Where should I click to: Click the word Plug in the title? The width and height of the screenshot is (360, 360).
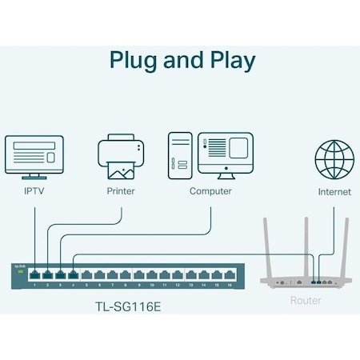(133, 60)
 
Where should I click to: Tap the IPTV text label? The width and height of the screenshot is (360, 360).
(35, 192)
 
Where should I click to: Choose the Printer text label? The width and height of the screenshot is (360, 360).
(121, 192)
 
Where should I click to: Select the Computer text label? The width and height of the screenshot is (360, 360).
(210, 192)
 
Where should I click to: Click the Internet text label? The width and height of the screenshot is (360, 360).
(334, 192)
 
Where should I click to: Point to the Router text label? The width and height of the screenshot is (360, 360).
(305, 301)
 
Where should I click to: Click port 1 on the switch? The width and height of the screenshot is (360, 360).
(35, 274)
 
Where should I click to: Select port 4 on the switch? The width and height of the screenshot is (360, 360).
(74, 274)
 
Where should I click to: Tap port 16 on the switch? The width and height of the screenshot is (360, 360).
(230, 274)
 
